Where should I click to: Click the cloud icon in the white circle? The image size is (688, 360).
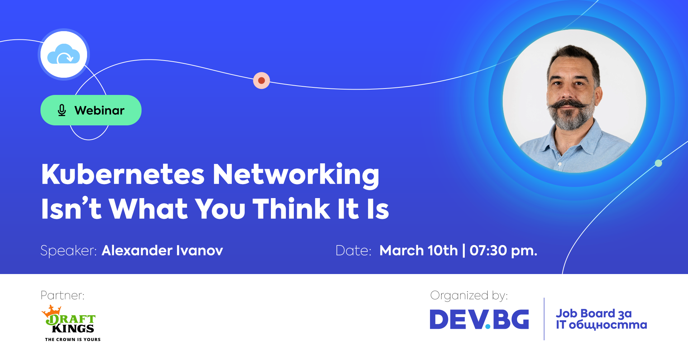pyautogui.click(x=63, y=54)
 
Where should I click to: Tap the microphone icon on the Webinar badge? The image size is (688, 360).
pyautogui.click(x=62, y=110)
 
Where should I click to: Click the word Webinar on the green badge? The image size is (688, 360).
pyautogui.click(x=99, y=110)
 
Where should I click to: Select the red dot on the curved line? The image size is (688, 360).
pyautogui.click(x=262, y=80)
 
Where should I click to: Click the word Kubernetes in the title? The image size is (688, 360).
pyautogui.click(x=123, y=174)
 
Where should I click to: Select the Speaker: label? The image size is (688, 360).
pyautogui.click(x=68, y=250)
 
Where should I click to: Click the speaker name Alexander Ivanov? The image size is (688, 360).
pyautogui.click(x=162, y=250)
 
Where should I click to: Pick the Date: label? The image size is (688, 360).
pyautogui.click(x=353, y=251)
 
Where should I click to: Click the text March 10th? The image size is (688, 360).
pyautogui.click(x=419, y=250)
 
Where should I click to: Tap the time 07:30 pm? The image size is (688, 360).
pyautogui.click(x=503, y=251)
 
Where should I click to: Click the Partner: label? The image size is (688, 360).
pyautogui.click(x=62, y=296)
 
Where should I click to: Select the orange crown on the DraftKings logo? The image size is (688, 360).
pyautogui.click(x=52, y=311)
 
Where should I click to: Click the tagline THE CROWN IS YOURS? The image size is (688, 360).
pyautogui.click(x=73, y=339)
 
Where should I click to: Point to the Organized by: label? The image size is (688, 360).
pyautogui.click(x=469, y=296)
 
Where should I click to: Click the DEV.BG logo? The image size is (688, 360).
pyautogui.click(x=479, y=319)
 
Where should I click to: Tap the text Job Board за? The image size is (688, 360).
pyautogui.click(x=594, y=313)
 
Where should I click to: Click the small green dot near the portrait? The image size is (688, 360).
pyautogui.click(x=658, y=163)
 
